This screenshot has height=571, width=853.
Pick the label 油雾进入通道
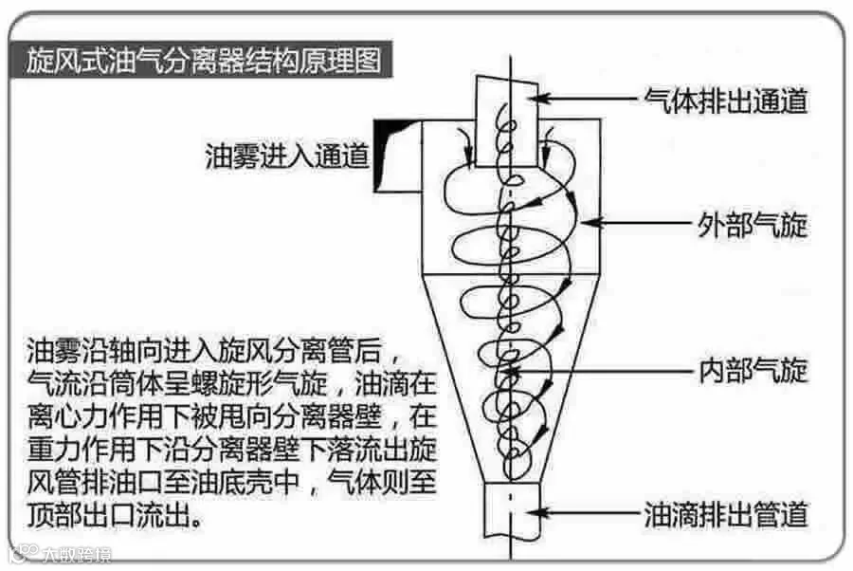(x=287, y=156)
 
